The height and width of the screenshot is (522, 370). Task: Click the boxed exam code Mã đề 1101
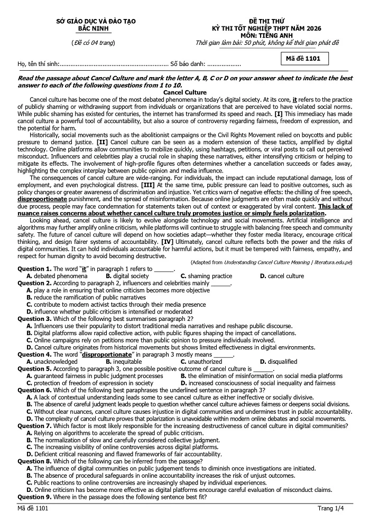[x=303, y=59]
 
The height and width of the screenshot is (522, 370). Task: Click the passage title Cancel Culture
[x=184, y=92]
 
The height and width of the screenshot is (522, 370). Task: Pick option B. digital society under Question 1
[x=127, y=276]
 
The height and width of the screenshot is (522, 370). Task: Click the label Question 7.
[x=34, y=425]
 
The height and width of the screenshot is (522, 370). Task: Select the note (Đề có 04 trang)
[x=92, y=42]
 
